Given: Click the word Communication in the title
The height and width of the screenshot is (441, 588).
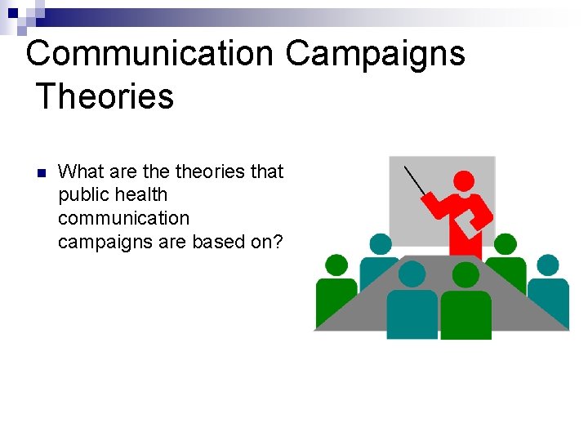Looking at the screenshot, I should click(149, 54).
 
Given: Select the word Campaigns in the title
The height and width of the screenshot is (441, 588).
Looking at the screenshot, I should click(375, 54).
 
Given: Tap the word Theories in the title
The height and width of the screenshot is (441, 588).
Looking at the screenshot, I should click(105, 96).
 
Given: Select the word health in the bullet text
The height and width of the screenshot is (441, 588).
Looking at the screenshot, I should click(141, 195).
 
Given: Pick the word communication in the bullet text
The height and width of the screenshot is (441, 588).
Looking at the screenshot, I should click(123, 218).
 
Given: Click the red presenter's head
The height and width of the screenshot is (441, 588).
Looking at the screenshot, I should click(464, 180).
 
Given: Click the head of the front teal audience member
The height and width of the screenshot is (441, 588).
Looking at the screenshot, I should click(412, 274).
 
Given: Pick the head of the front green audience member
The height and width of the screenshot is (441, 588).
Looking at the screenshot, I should click(465, 275).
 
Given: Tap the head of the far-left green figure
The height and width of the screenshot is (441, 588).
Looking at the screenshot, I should click(336, 265).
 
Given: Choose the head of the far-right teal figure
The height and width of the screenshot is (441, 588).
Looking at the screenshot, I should click(548, 265).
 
